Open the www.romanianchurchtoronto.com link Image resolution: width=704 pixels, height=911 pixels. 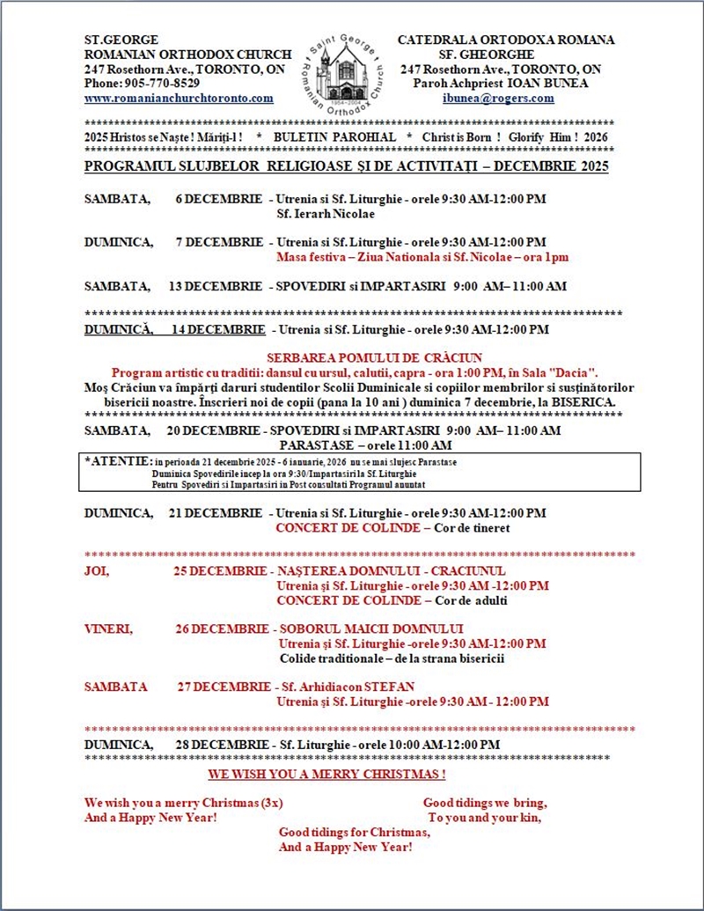click(179, 99)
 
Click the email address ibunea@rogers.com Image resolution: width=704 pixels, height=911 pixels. click(498, 99)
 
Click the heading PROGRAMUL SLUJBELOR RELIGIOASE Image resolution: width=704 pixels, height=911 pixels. click(231, 166)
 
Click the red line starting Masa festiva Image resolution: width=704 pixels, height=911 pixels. click(422, 257)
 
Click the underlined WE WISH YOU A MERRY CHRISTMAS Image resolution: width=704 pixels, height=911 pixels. click(326, 775)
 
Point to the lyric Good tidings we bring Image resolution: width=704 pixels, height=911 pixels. click(485, 803)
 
